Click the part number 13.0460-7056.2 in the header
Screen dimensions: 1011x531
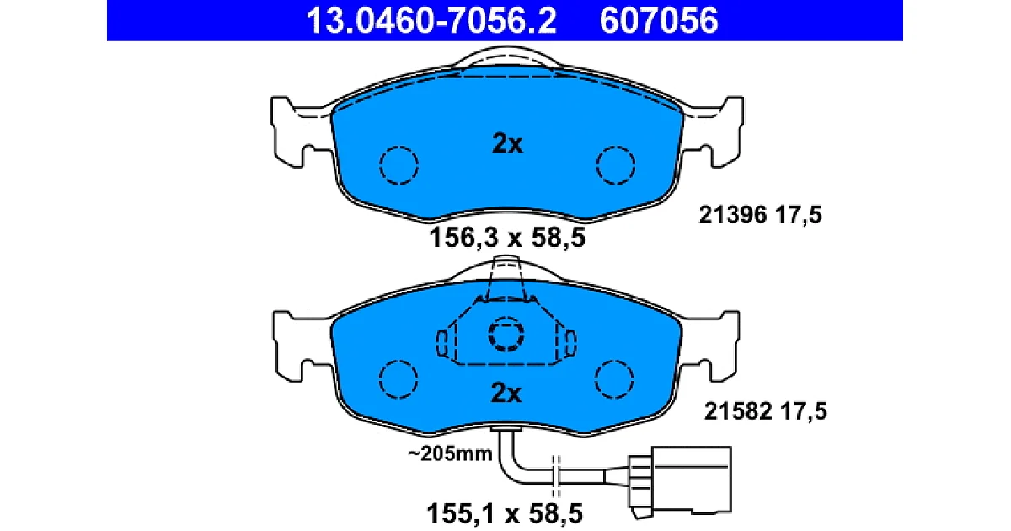431,21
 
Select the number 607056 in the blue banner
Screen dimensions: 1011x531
659,21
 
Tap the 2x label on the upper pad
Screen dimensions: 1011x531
507,144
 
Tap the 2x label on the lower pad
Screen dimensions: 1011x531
506,393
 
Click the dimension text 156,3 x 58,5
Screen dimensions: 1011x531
507,238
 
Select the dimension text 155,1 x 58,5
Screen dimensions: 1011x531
505,513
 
